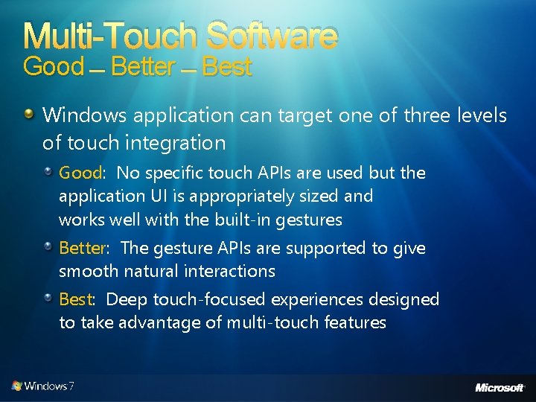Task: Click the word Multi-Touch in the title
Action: click(x=112, y=35)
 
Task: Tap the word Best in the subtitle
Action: click(x=227, y=68)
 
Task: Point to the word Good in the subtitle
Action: click(x=54, y=67)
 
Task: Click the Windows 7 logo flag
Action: click(x=16, y=386)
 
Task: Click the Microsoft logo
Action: click(x=500, y=387)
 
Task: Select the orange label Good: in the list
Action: click(x=82, y=173)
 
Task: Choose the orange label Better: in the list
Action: click(x=85, y=248)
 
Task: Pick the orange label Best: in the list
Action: click(x=77, y=299)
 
